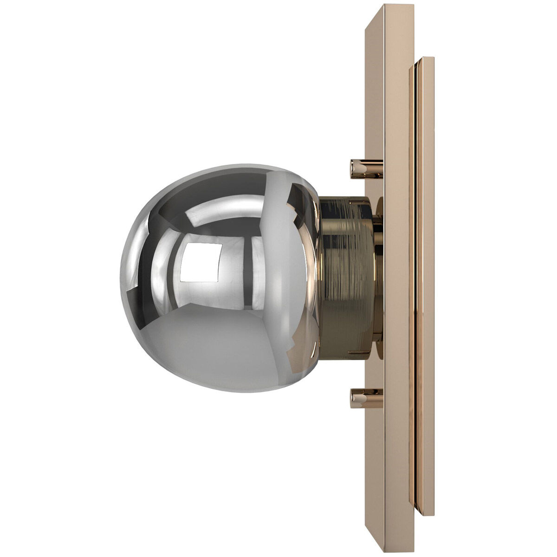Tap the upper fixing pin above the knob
(366, 169)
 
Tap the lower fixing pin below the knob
(366, 398)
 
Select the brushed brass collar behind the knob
(346, 278)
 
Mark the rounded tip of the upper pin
(353, 169)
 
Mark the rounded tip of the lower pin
(353, 398)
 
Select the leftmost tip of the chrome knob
(122, 278)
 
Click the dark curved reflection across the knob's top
(209, 195)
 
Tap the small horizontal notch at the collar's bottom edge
(362, 353)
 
